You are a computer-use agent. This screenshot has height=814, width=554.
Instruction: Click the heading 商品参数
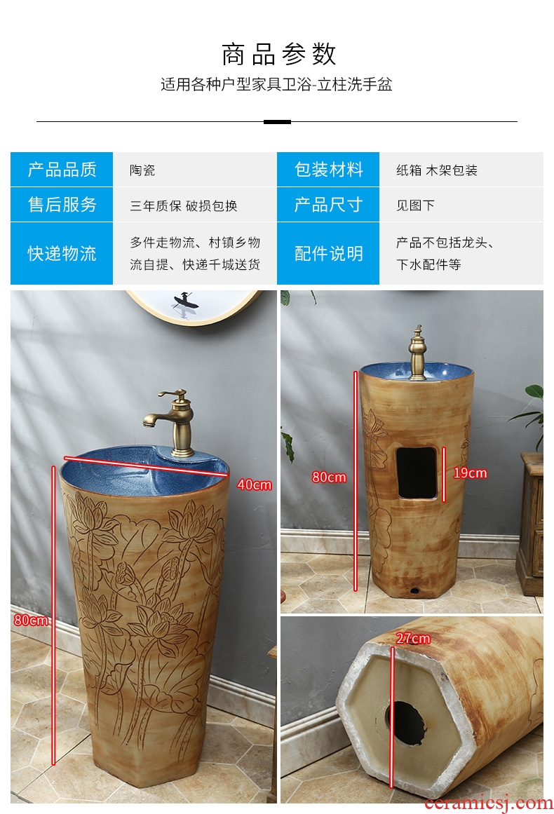point(279,55)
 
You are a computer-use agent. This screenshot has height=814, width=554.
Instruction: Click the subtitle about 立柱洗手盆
point(276,84)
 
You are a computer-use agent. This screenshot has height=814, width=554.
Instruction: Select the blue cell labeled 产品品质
point(62,169)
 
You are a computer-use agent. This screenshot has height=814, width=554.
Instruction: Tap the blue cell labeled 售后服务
point(62,205)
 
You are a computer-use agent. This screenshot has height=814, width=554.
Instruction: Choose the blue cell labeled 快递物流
point(62,253)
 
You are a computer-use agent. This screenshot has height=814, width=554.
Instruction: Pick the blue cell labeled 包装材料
point(328,169)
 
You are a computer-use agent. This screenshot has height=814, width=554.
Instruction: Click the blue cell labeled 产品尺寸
point(328,205)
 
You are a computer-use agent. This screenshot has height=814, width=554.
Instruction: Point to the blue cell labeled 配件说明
point(328,253)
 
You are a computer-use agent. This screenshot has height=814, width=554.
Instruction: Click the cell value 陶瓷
point(142,170)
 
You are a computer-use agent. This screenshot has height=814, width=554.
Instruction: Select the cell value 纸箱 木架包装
point(437,170)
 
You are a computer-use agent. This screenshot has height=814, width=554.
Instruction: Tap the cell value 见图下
point(415,205)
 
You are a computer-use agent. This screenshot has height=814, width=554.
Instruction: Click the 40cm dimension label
point(255,484)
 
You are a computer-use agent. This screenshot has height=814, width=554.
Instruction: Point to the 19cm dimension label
point(470,473)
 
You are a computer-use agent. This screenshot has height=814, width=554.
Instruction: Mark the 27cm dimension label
point(413,638)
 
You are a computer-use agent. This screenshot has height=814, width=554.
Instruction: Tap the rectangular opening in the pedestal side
point(417,473)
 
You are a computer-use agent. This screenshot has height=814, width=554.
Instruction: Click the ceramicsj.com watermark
point(488,803)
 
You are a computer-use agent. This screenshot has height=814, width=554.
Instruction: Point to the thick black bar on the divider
point(277,122)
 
